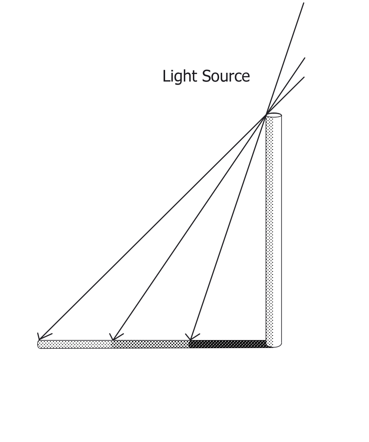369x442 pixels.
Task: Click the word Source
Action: coord(226,76)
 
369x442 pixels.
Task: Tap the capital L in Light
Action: coord(166,76)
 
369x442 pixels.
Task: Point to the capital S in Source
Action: coord(206,76)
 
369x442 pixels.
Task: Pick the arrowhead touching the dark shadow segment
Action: coord(192,336)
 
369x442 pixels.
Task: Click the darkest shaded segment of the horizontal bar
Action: coord(228,344)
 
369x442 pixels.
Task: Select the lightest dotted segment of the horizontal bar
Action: coord(75,344)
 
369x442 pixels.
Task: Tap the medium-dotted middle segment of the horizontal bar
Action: coord(151,344)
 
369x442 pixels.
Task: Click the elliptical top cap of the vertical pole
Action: coord(274,115)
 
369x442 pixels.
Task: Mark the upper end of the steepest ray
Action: coord(304,3)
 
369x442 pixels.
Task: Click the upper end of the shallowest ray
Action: coord(304,77)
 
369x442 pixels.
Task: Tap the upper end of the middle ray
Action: coord(305,58)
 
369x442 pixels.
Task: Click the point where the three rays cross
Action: coord(266,114)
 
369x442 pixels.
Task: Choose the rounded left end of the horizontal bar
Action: coord(39,344)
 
